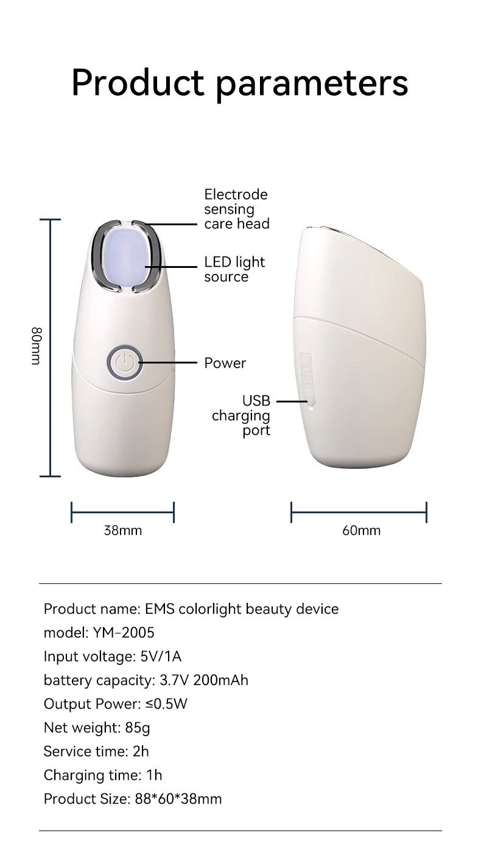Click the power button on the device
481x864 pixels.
tap(124, 363)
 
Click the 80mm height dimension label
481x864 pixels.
tap(36, 346)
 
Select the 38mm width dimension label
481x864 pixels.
tap(123, 530)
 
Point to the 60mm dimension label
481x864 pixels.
tap(361, 530)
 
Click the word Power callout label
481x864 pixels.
tap(225, 363)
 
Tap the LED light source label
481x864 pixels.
tap(234, 269)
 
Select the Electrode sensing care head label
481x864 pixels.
tap(236, 209)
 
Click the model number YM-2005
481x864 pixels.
tap(124, 633)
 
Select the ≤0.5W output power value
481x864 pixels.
tap(166, 704)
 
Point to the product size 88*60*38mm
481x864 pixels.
tap(178, 799)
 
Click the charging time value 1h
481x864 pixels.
tap(154, 775)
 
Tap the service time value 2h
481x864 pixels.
tap(141, 751)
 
